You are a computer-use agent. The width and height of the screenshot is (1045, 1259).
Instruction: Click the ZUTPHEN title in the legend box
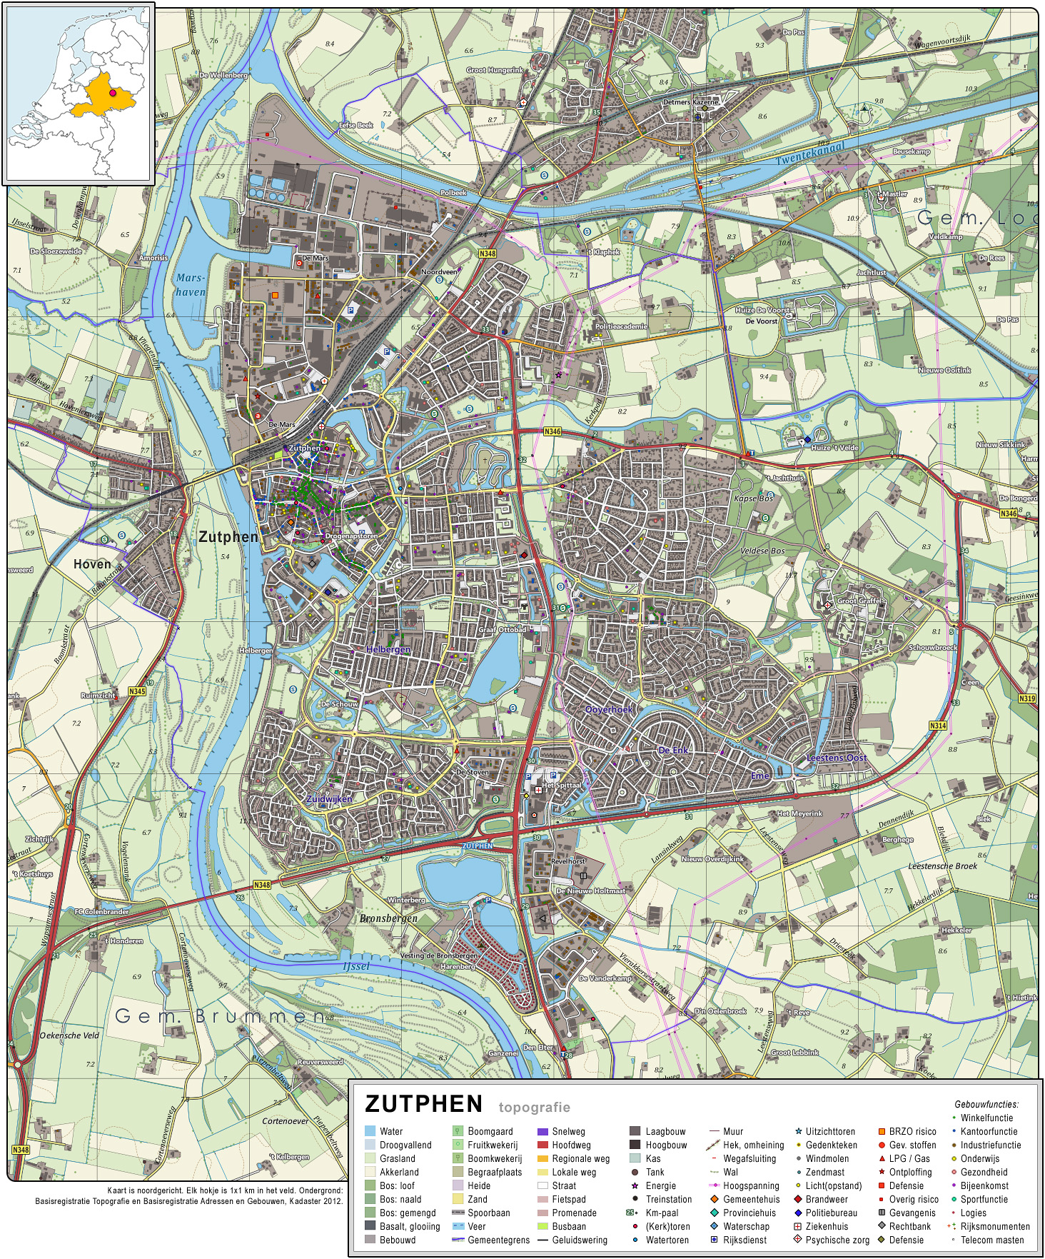pyautogui.click(x=423, y=1104)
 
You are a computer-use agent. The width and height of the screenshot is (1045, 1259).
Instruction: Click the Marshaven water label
pyautogui.click(x=191, y=285)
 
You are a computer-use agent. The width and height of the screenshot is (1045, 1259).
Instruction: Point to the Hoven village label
pyautogui.click(x=92, y=564)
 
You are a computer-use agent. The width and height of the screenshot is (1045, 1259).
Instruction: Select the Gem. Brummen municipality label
pyautogui.click(x=220, y=1015)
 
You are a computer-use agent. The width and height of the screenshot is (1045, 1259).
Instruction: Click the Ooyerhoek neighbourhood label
pyautogui.click(x=608, y=710)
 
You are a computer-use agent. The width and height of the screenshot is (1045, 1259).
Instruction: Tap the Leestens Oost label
pyautogui.click(x=836, y=758)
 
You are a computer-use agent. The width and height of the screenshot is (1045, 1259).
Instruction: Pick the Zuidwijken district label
pyautogui.click(x=329, y=799)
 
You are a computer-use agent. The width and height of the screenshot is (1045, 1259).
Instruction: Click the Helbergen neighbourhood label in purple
pyautogui.click(x=388, y=649)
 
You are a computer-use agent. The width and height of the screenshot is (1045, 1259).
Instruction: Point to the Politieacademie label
pyautogui.click(x=621, y=326)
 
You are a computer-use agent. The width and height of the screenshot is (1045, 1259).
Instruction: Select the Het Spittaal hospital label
pyautogui.click(x=562, y=785)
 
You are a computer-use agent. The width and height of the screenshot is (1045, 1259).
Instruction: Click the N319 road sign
pyautogui.click(x=1026, y=698)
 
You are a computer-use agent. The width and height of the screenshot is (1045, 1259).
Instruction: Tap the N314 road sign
pyautogui.click(x=937, y=726)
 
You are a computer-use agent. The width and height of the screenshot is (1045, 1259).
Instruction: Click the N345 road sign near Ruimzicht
pyautogui.click(x=137, y=691)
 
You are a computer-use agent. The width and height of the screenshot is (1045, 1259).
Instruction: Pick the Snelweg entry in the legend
pyautogui.click(x=568, y=1131)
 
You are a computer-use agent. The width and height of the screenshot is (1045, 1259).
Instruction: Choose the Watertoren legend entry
pyautogui.click(x=667, y=1240)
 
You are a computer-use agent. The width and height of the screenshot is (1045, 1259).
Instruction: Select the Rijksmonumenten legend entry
pyautogui.click(x=994, y=1226)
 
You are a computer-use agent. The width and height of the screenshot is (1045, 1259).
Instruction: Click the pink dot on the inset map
pyautogui.click(x=112, y=93)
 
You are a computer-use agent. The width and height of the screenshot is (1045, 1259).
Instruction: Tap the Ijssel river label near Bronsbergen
pyautogui.click(x=356, y=966)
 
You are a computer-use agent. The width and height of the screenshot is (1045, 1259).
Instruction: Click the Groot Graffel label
pyautogui.click(x=859, y=601)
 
